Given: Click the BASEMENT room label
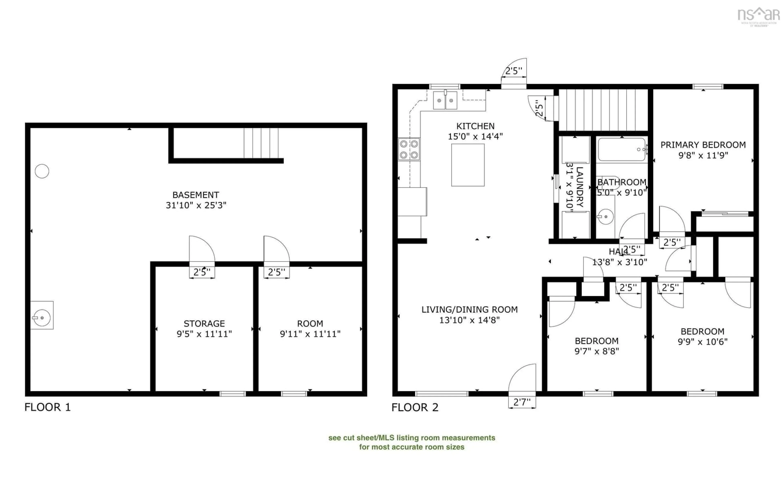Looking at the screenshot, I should pos(196,195).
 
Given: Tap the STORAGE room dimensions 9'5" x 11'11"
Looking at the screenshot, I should pos(204,334).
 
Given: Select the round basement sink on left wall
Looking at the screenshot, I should pos(42,318).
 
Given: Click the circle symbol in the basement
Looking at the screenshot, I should pos(42,171).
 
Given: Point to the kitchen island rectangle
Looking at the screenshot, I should pos(468,165).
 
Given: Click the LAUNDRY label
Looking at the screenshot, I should pos(580,187).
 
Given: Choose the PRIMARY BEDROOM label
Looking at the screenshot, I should pos(703,145).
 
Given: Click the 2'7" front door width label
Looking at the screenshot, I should pos(522,402).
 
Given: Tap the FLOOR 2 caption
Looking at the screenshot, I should pos(415,407).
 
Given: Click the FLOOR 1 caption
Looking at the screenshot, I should pos(47,407).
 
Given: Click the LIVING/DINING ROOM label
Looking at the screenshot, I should pos(469,310).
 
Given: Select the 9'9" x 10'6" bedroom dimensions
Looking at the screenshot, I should pos(702,342).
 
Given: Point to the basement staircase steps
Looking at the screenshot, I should pos(261,143).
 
